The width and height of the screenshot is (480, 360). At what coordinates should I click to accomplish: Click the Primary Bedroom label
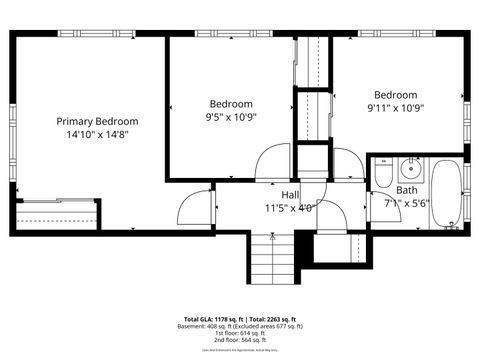point(96,120)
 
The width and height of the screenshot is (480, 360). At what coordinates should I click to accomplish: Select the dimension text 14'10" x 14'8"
point(96,133)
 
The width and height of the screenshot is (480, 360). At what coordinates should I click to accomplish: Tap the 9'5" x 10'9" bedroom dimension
point(231,116)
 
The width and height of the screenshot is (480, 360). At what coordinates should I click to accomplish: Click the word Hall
point(290,195)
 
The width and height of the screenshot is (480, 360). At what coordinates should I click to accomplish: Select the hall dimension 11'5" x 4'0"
point(290,208)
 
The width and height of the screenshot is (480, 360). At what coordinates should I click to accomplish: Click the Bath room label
point(407,190)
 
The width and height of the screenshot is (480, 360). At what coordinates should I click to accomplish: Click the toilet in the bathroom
point(383,177)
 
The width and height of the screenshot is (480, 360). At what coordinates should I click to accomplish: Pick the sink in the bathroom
point(411,166)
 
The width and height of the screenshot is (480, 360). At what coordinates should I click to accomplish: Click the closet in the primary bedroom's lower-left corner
point(58,214)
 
